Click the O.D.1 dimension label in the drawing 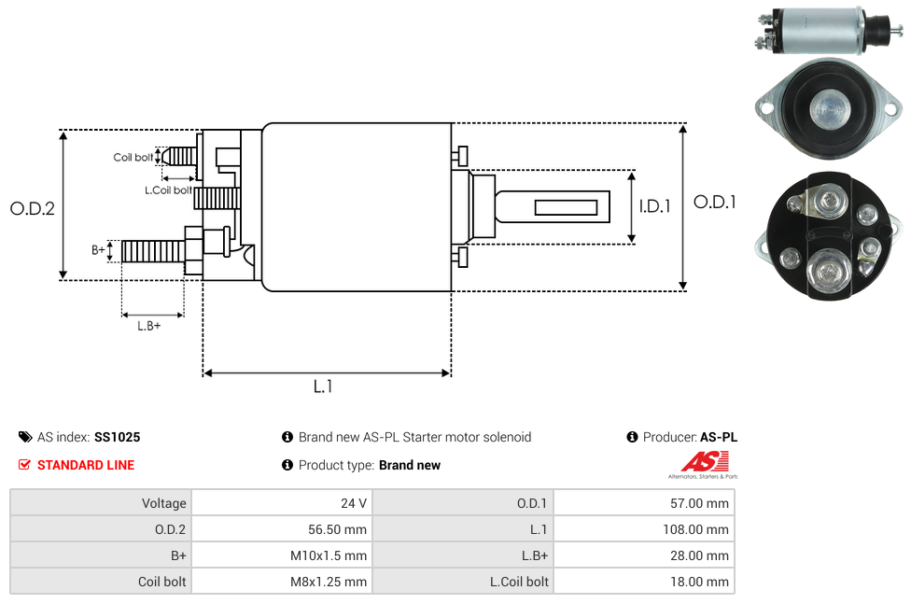(715, 202)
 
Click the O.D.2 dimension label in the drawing (33, 208)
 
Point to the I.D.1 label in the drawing (654, 206)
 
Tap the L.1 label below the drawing (323, 386)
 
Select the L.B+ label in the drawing (149, 326)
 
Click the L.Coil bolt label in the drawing (168, 190)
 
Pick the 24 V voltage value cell (281, 503)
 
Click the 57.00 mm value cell (644, 503)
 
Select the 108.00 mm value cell (644, 529)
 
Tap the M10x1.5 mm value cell (281, 555)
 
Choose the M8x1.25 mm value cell (281, 582)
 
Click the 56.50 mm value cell (281, 529)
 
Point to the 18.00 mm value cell (644, 582)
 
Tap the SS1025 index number (118, 437)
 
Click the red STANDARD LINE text (86, 465)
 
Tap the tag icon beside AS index (25, 437)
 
